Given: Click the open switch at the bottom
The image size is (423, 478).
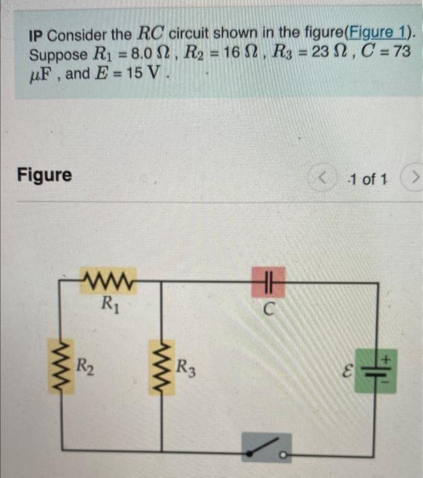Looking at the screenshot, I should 266,448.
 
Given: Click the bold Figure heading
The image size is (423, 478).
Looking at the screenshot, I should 44,175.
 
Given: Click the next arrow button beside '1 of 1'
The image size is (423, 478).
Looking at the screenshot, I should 412,180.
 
